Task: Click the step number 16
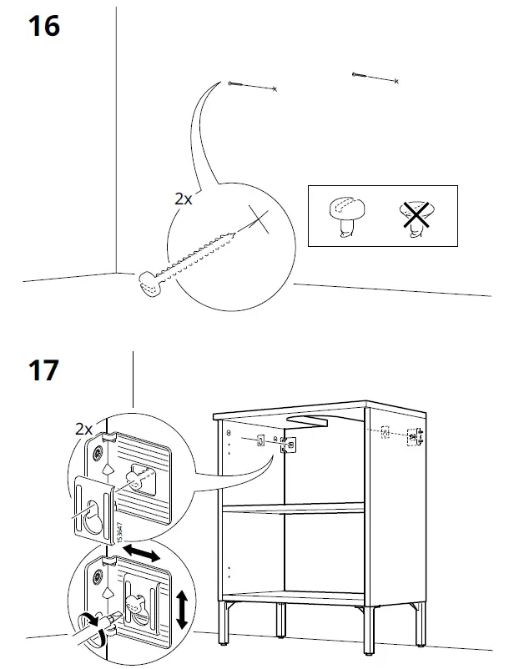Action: [44, 27]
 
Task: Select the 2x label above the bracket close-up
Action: [83, 429]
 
